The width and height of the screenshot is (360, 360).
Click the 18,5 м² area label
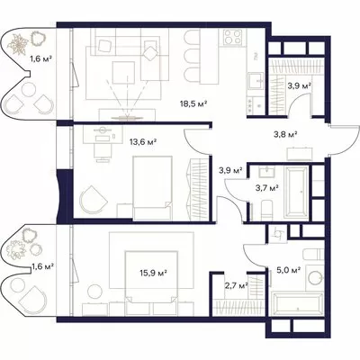click(193, 104)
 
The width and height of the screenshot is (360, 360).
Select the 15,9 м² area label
click(153, 273)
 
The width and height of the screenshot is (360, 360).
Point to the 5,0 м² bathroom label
click(288, 271)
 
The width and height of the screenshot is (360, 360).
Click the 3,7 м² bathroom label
click(265, 188)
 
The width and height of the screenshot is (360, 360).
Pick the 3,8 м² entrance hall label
click(285, 134)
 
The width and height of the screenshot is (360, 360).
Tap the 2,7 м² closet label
click(236, 285)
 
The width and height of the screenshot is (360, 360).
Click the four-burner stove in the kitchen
click(232, 37)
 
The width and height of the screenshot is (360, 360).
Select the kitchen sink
click(256, 81)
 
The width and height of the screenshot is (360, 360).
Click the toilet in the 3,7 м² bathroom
click(267, 210)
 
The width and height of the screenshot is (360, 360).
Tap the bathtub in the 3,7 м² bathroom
click(295, 192)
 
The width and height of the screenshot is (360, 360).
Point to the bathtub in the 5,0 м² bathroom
click(297, 304)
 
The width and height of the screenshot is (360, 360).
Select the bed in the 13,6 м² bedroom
click(152, 188)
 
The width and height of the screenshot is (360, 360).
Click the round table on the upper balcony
click(29, 89)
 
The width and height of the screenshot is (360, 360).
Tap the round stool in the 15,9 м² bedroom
click(94, 291)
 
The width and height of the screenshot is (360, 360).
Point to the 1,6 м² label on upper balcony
click(41, 59)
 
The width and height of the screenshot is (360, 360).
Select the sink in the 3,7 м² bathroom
click(266, 173)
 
